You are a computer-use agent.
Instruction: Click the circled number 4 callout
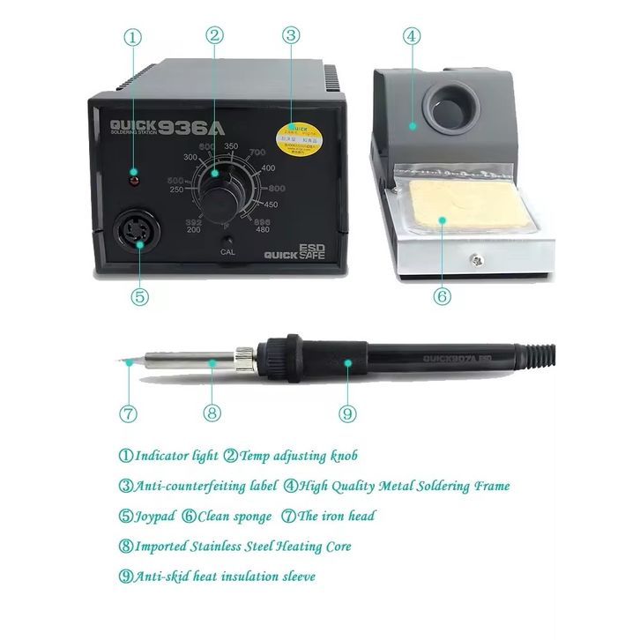pyautogui.click(x=412, y=37)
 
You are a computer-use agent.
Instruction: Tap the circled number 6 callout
pyautogui.click(x=443, y=297)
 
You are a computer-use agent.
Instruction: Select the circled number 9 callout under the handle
pyautogui.click(x=347, y=412)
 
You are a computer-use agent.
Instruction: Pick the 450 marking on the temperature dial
pyautogui.click(x=269, y=205)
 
